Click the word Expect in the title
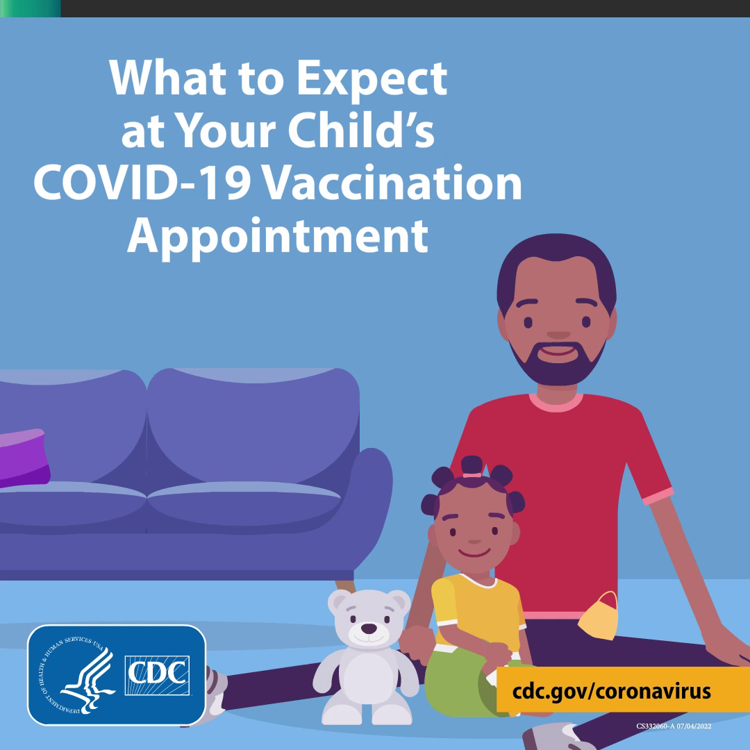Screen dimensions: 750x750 click(x=372, y=81)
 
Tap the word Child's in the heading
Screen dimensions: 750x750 click(x=361, y=129)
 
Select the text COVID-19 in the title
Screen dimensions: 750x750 click(x=142, y=183)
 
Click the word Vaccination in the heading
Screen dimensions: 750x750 click(x=392, y=183)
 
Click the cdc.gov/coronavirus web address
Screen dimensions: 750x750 click(x=611, y=692)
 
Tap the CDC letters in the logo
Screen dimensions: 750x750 click(x=158, y=675)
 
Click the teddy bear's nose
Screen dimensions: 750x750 click(x=368, y=628)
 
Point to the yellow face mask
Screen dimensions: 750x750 click(x=599, y=618)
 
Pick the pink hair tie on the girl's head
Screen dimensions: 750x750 click(x=472, y=475)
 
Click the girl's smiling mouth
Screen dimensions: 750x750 click(x=474, y=553)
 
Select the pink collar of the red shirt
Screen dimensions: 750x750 click(x=556, y=403)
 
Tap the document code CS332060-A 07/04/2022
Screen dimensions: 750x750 click(x=674, y=726)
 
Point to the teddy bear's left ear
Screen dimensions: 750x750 click(x=339, y=601)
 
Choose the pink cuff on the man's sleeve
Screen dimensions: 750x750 click(x=658, y=497)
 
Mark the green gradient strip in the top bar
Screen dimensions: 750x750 click(x=30, y=8)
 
